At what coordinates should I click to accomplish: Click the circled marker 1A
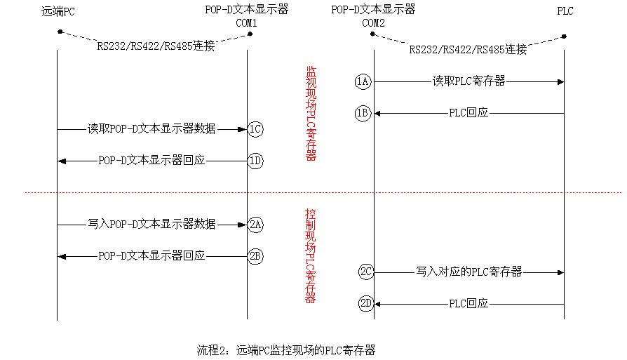(x=363, y=82)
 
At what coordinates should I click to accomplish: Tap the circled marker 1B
(x=363, y=112)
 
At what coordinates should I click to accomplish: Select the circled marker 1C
(x=256, y=129)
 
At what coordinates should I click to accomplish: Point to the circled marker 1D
(x=256, y=161)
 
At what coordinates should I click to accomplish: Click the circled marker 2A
(x=256, y=225)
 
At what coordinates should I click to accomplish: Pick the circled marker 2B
(x=256, y=256)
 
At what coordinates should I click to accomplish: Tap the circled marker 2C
(x=365, y=272)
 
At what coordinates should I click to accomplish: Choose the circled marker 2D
(x=365, y=304)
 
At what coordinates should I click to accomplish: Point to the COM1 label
(x=248, y=22)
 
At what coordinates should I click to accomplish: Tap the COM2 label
(x=374, y=22)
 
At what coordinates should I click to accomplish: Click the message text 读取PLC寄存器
(x=468, y=82)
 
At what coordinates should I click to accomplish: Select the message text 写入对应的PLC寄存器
(x=468, y=272)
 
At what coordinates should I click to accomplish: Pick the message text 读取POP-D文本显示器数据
(x=151, y=129)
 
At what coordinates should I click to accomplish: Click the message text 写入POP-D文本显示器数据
(x=151, y=225)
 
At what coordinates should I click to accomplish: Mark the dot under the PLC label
(x=565, y=36)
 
